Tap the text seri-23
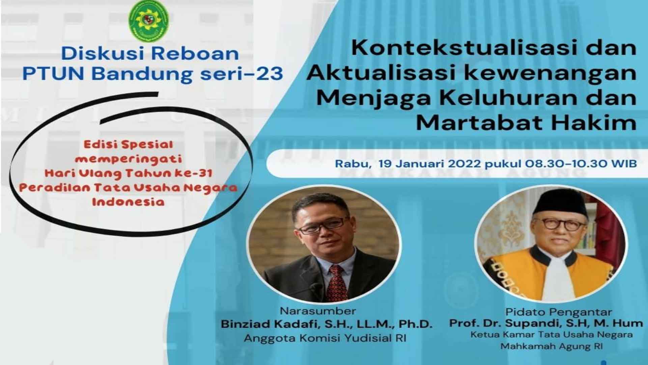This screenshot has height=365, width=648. coord(241,74)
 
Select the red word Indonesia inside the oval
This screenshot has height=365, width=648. coord(129,202)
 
